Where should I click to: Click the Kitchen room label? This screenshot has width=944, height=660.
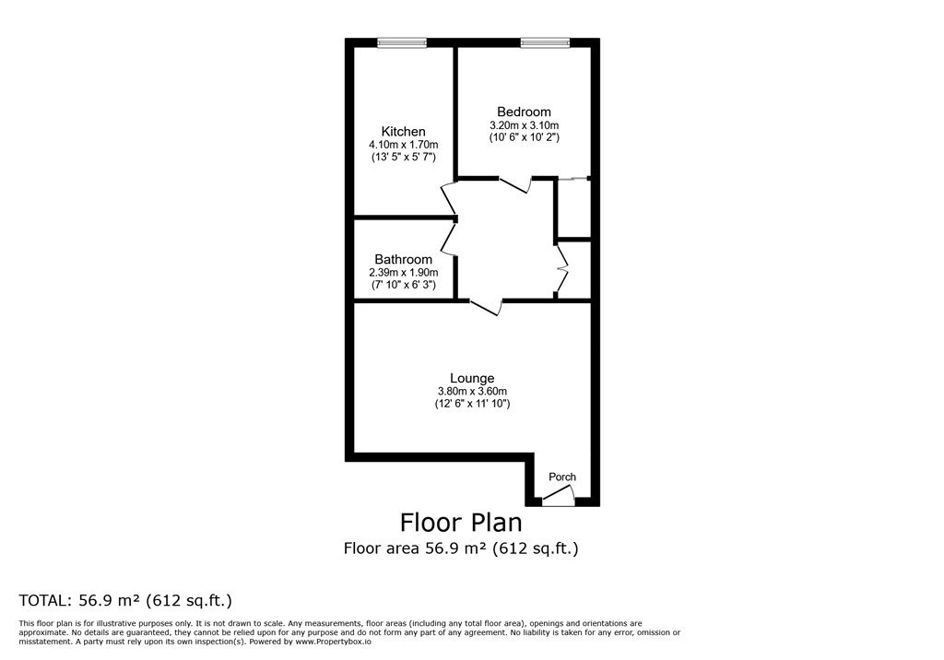[x=404, y=131]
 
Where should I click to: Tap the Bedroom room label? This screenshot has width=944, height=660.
[x=524, y=112]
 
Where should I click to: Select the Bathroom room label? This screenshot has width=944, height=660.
[x=404, y=260]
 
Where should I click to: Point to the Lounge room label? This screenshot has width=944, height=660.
[x=472, y=378]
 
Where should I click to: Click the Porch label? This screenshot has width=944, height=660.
[x=562, y=477]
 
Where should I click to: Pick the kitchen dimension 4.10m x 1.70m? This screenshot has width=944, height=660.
[x=404, y=145]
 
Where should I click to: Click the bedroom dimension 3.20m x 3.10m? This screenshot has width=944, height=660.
[x=524, y=125]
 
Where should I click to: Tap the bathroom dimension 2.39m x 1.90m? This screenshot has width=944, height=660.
[x=404, y=272]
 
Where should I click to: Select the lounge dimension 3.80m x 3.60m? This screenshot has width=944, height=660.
[x=472, y=392]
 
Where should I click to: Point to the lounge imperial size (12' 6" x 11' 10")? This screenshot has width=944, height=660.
[x=473, y=404]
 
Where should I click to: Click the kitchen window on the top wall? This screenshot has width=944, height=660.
[x=402, y=42]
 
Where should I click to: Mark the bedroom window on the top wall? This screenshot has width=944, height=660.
[x=545, y=42]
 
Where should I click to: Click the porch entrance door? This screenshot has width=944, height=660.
[x=559, y=497]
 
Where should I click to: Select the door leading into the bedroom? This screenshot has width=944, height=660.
[x=515, y=184]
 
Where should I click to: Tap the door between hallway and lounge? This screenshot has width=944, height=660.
[x=485, y=307]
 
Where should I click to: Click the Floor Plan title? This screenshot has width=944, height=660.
[x=461, y=522]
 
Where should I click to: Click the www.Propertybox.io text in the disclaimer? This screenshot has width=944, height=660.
[x=333, y=642]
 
